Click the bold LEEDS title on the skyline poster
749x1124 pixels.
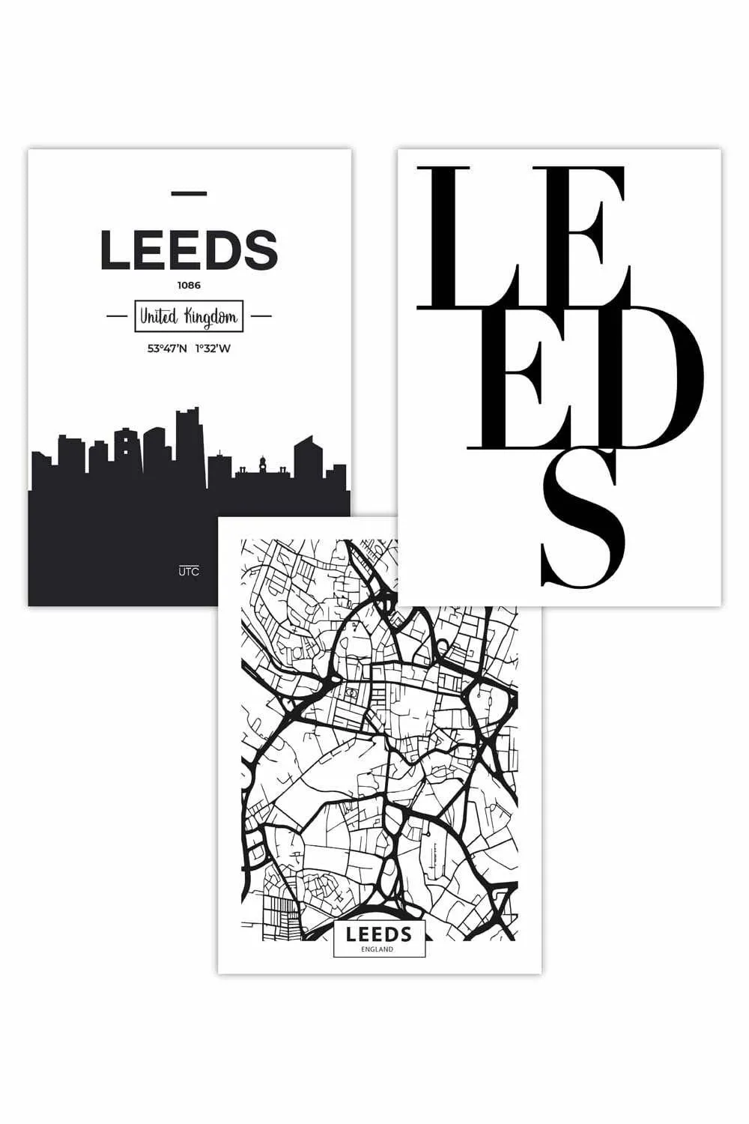tap(189, 250)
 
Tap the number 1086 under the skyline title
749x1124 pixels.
tap(189, 285)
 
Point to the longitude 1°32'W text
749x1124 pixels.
tap(213, 348)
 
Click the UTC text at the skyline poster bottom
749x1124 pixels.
tap(189, 572)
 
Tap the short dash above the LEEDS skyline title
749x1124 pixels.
tap(189, 194)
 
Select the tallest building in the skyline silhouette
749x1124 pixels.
tap(187, 442)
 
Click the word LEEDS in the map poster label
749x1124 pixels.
tap(379, 934)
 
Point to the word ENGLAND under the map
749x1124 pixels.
tap(379, 949)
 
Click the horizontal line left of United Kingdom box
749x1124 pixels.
tap(118, 317)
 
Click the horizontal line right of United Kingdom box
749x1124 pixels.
tap(260, 317)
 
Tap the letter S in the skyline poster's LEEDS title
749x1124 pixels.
tap(261, 250)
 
